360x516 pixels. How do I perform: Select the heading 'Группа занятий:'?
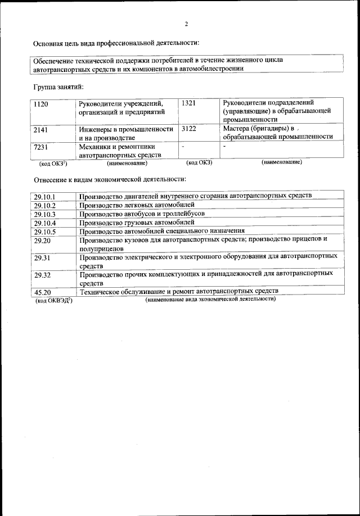(58, 87)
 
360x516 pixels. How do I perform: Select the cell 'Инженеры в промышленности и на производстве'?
(125, 133)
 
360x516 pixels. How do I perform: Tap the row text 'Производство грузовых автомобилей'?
(137, 223)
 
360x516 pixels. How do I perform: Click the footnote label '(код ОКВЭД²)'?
(54, 301)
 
